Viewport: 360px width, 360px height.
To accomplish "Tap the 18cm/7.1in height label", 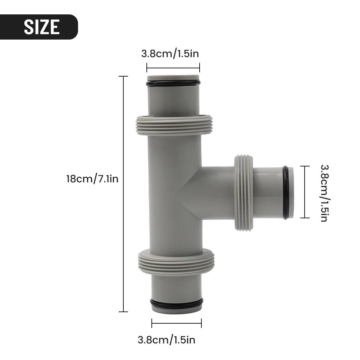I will (92, 179).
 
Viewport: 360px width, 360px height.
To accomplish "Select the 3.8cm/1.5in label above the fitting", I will (170, 54).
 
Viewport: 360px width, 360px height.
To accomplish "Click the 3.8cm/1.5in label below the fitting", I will (167, 340).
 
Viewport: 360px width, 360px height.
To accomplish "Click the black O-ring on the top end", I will (173, 83).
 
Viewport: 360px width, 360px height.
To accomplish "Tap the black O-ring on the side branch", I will (285, 192).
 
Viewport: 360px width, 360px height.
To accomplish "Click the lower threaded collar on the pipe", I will (176, 262).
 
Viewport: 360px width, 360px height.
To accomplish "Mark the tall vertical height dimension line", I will (124, 194).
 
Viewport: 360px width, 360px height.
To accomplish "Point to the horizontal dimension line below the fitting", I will (176, 323).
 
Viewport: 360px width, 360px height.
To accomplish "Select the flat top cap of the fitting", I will (173, 77).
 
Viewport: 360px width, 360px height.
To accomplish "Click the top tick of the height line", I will (124, 77).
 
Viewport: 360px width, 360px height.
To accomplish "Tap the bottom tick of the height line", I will (124, 311).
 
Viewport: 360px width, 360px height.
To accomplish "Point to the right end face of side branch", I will (291, 192).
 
